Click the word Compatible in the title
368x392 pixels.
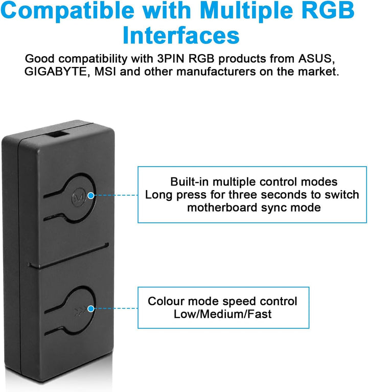(x=67, y=11)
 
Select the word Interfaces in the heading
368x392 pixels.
(x=181, y=35)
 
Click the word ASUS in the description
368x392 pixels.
(x=316, y=59)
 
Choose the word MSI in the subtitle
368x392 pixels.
(x=105, y=72)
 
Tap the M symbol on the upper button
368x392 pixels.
(x=79, y=197)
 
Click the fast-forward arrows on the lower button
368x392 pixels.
(x=79, y=312)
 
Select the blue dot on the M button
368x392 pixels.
(x=91, y=196)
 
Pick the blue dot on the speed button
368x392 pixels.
(x=91, y=309)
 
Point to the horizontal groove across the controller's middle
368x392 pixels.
(x=68, y=256)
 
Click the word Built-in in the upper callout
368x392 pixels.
(x=189, y=182)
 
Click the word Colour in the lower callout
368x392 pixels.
(x=166, y=301)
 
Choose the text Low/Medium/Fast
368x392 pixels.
(x=222, y=314)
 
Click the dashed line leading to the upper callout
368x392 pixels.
(x=116, y=195)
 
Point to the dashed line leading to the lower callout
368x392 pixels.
(x=116, y=309)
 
